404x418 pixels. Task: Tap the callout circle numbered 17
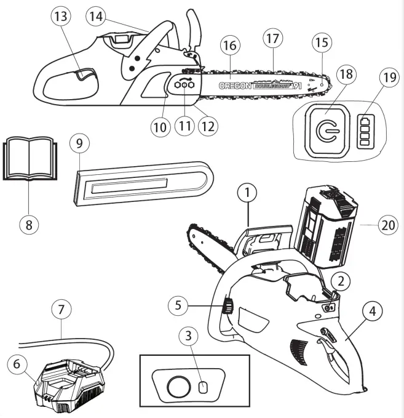click(272, 38)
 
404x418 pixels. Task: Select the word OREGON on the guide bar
click(234, 86)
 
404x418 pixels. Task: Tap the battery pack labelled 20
click(325, 228)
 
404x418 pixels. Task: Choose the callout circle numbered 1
click(247, 194)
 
